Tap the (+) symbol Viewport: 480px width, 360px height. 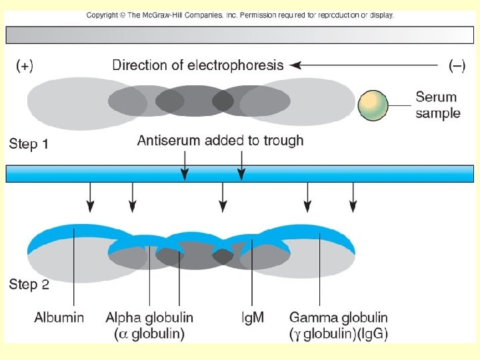coord(25,65)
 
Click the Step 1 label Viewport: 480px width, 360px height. coord(29,143)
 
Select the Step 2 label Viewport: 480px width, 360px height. coord(29,285)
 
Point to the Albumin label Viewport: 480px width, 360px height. coord(59,317)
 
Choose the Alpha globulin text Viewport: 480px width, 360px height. coord(149,317)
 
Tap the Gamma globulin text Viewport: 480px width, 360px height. coord(338,317)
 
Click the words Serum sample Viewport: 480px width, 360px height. coord(438,105)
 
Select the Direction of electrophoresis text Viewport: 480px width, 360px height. coord(197,65)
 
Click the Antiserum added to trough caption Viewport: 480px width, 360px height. coord(220,140)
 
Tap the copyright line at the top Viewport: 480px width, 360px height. coord(240,15)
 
